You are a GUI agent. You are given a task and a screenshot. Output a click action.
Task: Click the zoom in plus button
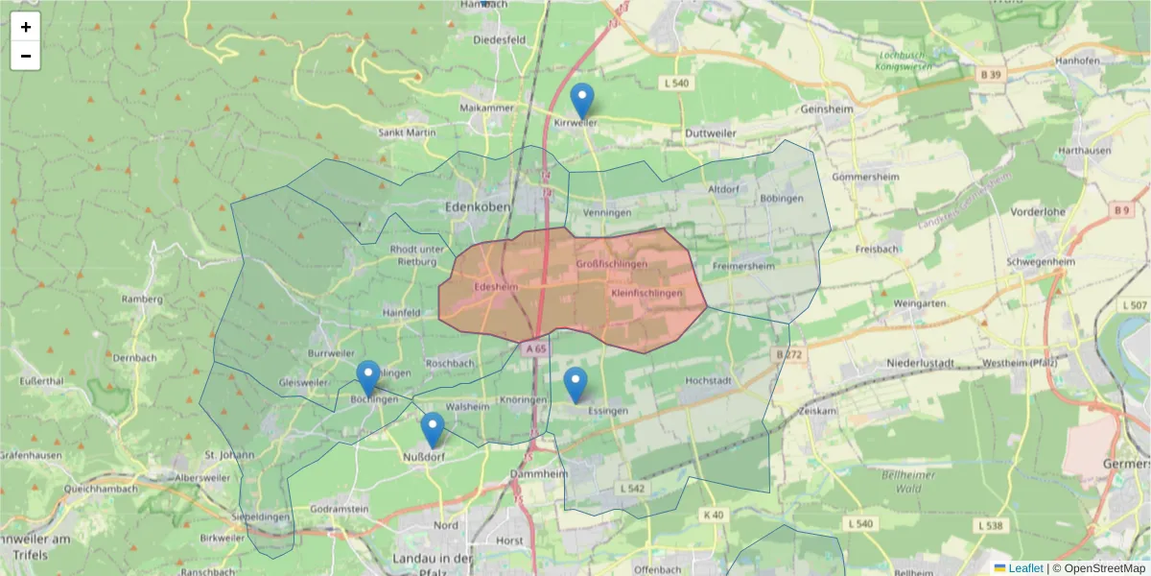point(26,27)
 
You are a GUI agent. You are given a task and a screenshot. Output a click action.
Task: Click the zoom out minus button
point(26,56)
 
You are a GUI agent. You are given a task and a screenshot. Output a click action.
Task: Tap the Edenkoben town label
point(477,206)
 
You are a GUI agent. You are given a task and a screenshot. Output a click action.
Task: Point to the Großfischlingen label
point(612,263)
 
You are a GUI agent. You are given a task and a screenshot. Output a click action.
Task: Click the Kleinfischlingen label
point(646,293)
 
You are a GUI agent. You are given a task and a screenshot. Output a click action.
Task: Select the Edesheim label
point(496,286)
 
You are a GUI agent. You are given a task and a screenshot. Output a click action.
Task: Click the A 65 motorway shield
point(535,349)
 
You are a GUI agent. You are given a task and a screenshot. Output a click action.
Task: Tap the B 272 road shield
point(788,355)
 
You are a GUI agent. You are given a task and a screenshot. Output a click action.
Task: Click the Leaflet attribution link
point(1025,568)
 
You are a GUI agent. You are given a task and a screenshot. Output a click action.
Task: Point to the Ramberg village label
point(142,299)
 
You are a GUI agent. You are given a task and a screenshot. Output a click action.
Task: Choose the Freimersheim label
point(744,266)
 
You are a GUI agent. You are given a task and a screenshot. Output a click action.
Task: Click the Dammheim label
point(540,474)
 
